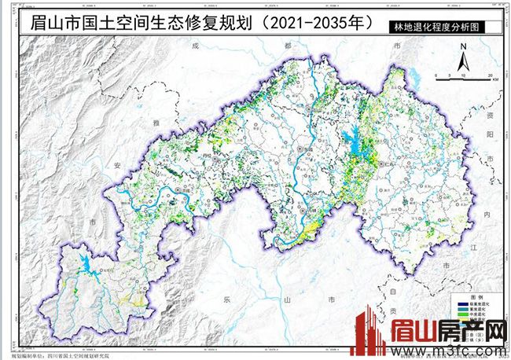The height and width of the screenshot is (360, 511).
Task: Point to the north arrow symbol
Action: [x=464, y=56]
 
